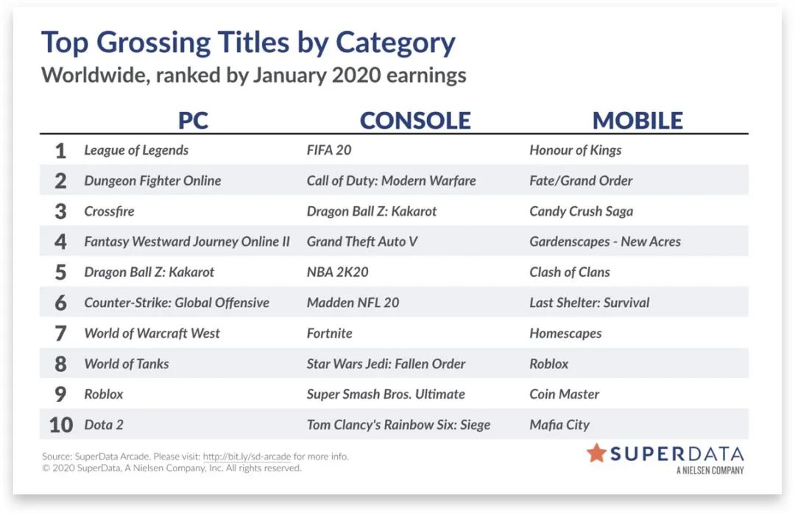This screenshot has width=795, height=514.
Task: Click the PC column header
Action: point(193,121)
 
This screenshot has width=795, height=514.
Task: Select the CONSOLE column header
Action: point(415,121)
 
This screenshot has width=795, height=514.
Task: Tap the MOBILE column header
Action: point(637,121)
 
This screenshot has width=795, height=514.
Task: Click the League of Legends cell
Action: point(136,150)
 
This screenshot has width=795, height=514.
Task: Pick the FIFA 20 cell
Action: point(329,150)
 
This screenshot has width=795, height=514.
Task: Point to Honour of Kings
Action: point(576,150)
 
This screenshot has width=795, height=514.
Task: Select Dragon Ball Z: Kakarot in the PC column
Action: point(149,272)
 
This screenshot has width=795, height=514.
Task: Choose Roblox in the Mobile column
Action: point(549,364)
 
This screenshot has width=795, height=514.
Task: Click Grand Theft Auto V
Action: point(362,242)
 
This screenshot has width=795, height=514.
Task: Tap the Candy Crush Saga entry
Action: point(581,211)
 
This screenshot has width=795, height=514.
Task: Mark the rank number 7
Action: point(60,334)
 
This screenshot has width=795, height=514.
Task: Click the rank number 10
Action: point(61,425)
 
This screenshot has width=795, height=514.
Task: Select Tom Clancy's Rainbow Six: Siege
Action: point(398,425)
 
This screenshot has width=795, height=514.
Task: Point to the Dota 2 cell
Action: point(104,425)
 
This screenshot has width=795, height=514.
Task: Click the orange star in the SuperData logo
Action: point(596,453)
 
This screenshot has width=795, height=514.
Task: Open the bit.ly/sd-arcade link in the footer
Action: point(247,456)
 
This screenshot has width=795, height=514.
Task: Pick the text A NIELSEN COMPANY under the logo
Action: point(710,471)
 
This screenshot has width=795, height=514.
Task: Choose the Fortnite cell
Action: point(330,334)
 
